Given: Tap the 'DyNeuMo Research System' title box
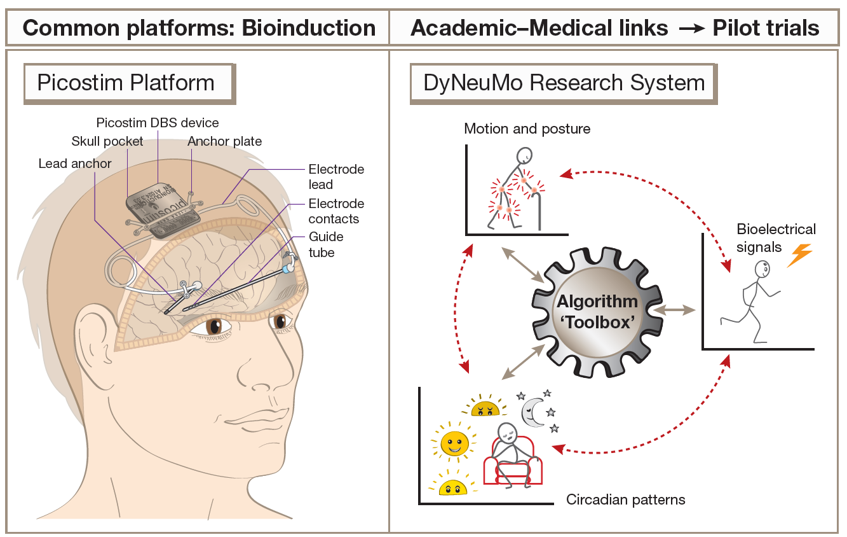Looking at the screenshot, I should pyautogui.click(x=564, y=83).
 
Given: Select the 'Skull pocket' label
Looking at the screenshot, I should pyautogui.click(x=107, y=141).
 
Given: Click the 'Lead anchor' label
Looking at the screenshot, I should pyautogui.click(x=75, y=164).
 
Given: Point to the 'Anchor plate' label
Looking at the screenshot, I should pyautogui.click(x=224, y=141).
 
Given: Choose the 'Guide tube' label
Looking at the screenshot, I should pyautogui.click(x=326, y=244).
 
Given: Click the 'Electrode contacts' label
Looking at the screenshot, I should pyautogui.click(x=336, y=211).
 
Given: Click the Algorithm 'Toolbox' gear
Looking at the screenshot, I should pyautogui.click(x=597, y=311).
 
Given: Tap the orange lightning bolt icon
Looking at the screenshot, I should pyautogui.click(x=799, y=255).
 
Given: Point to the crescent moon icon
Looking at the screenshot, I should pyautogui.click(x=532, y=410).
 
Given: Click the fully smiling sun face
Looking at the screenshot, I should pyautogui.click(x=454, y=443).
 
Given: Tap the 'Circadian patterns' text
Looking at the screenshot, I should pyautogui.click(x=625, y=499).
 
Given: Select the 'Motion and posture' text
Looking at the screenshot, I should pyautogui.click(x=527, y=129).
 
